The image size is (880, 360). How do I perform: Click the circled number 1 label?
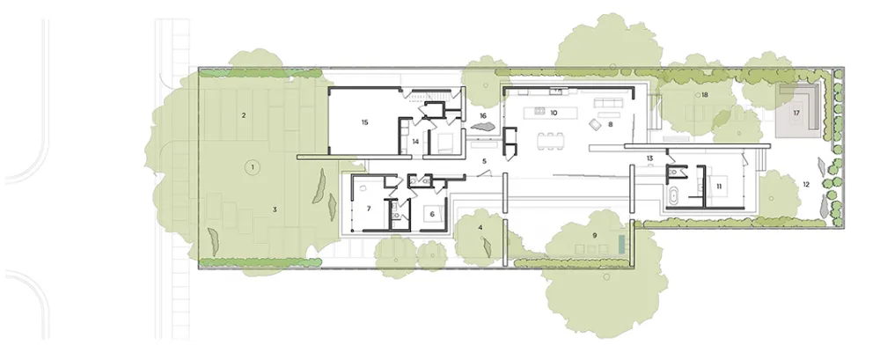point(253,167)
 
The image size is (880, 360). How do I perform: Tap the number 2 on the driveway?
point(244,115)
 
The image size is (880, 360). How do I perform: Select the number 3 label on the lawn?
point(275,209)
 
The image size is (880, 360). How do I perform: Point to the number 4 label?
point(480,227)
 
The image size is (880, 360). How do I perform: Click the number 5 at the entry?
point(484,162)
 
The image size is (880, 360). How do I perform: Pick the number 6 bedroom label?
point(432,213)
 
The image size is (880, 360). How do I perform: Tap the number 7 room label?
point(369,209)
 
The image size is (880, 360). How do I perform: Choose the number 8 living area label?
point(610,124)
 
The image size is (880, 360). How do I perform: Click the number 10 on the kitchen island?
point(554,113)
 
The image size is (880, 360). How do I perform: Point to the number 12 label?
point(806,184)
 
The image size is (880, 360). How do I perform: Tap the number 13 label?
point(649,158)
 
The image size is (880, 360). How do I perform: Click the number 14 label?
point(415,142)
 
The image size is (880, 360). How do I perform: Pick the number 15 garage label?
point(365,121)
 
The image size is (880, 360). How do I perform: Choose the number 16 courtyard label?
point(482,115)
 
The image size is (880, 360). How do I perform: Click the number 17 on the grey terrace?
point(796,113)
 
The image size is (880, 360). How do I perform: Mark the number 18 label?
point(704,95)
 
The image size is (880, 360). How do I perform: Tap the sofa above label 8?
point(610,103)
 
